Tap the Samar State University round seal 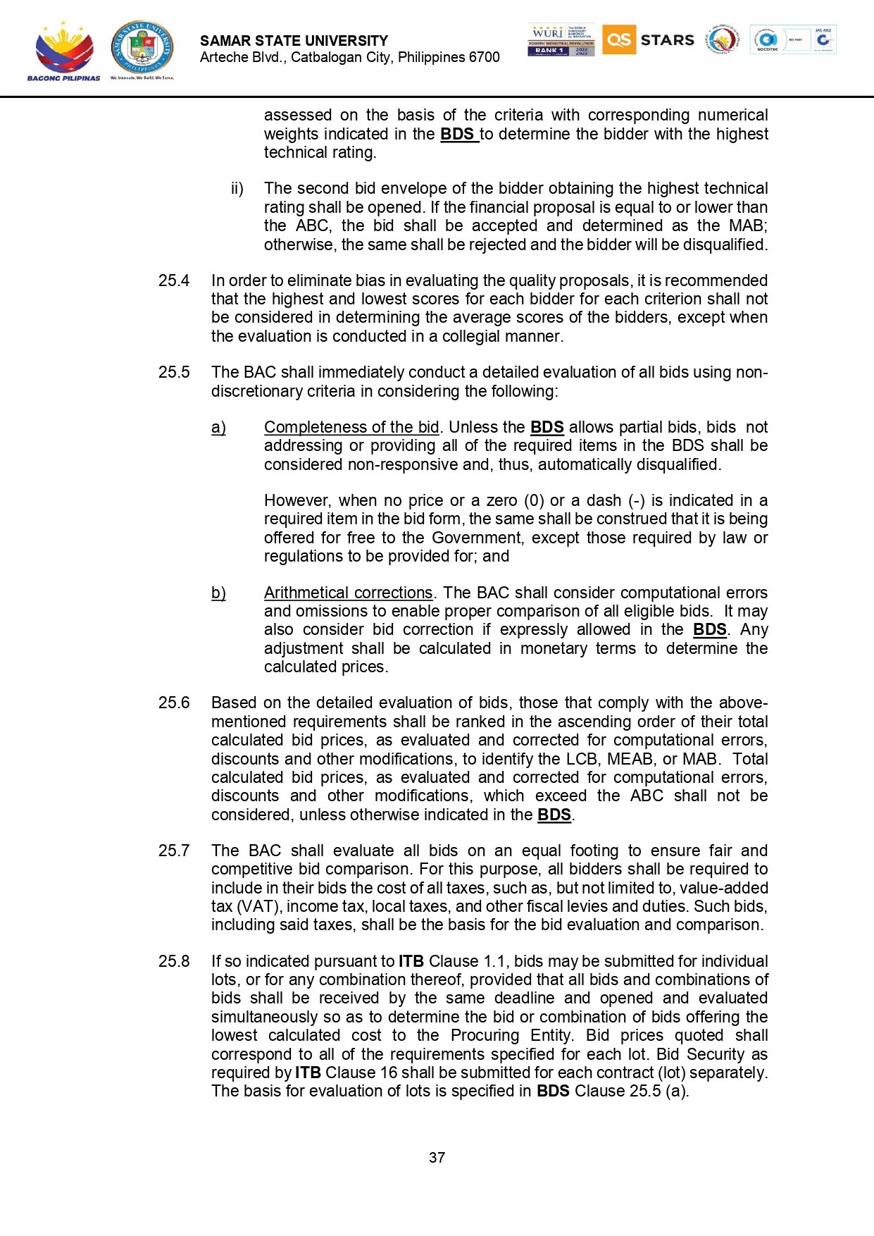tap(142, 47)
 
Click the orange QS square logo tap(618, 39)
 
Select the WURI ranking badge tap(561, 39)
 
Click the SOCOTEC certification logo tap(767, 39)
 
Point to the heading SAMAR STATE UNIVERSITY tap(294, 41)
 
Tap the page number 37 tap(437, 1157)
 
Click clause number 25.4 tap(174, 280)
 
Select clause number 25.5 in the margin tap(174, 372)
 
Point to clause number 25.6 tap(174, 703)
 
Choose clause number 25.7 tap(174, 851)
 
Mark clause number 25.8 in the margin tap(174, 961)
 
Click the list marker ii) tap(237, 189)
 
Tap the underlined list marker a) tap(218, 427)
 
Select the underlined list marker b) tap(218, 593)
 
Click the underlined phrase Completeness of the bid tap(351, 427)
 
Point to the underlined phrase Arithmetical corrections tap(348, 593)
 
